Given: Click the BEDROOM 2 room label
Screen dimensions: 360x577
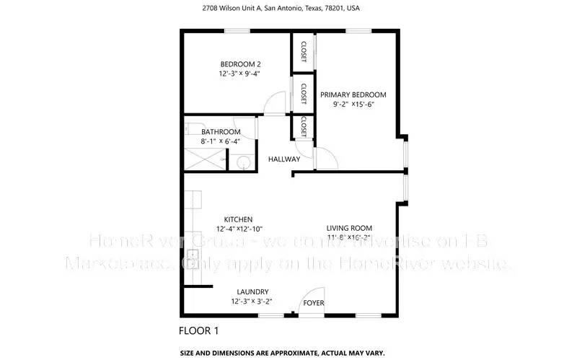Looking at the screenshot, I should coord(240,64).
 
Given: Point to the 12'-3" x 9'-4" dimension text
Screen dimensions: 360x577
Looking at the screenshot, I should coord(240,74).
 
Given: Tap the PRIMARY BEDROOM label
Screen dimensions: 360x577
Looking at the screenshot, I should coord(353,95).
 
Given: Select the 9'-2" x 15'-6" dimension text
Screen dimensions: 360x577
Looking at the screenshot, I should coord(353,105).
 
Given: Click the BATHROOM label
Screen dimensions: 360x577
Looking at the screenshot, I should coord(221,132).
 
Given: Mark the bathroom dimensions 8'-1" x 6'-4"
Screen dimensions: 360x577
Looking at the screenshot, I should coord(221,141).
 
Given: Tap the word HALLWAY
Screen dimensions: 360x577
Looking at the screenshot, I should coord(284,159).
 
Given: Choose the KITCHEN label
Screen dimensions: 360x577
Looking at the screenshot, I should coord(238,219).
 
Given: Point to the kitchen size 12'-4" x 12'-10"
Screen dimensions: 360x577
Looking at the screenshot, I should coord(238,229).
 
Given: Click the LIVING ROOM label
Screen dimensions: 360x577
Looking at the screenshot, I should coord(349,227).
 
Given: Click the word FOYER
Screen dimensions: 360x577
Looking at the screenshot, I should coord(313,303).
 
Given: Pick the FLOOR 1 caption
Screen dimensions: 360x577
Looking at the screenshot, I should coord(198,331).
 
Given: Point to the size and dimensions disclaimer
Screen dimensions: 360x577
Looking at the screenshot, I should coord(282,353).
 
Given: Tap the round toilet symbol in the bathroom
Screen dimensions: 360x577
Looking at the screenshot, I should coord(245,162).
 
